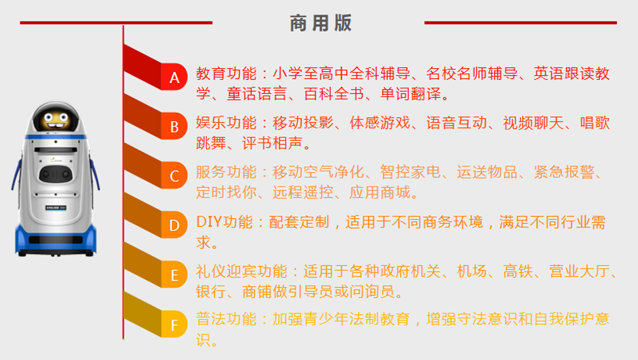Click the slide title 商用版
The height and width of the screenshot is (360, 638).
click(x=321, y=23)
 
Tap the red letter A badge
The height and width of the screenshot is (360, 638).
click(x=174, y=77)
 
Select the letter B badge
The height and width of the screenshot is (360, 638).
click(x=174, y=126)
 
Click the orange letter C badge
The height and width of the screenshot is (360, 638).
click(x=174, y=175)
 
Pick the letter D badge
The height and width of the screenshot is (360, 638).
click(x=174, y=225)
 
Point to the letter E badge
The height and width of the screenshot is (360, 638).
click(x=174, y=274)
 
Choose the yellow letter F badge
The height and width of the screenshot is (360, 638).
click(x=174, y=324)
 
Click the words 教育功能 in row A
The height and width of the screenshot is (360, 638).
click(x=226, y=74)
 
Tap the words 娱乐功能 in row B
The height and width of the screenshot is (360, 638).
click(x=226, y=123)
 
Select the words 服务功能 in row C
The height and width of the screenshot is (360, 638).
click(x=226, y=172)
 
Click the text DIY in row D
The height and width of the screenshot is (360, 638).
click(x=209, y=222)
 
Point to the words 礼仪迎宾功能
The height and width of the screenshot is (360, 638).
click(x=242, y=271)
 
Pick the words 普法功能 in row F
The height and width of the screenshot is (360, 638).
click(x=226, y=318)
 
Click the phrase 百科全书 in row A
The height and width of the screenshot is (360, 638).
click(x=334, y=94)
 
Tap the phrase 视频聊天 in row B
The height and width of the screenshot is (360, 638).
click(x=533, y=123)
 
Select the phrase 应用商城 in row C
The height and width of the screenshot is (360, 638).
click(x=380, y=192)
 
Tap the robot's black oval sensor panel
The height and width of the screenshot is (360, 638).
click(x=55, y=173)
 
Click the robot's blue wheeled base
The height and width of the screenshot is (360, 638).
click(x=55, y=240)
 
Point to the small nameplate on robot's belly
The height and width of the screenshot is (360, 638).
click(x=56, y=208)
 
